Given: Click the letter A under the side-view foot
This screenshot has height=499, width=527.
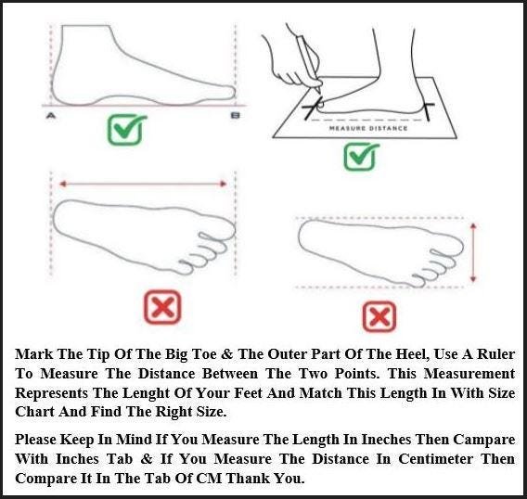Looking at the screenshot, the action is (x=51, y=116).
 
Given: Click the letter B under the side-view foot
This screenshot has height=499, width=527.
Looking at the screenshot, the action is (x=236, y=116).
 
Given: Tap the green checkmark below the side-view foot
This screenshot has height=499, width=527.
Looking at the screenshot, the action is (x=125, y=129).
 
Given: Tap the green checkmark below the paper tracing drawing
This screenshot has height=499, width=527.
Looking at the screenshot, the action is (x=361, y=156).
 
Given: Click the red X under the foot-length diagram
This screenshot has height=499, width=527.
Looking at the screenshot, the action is (x=162, y=307).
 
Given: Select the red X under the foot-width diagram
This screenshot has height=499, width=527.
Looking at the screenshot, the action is (x=379, y=316).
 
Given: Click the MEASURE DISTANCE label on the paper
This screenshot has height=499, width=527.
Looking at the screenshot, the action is (x=368, y=128).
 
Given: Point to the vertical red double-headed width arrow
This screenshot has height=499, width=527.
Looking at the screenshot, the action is (x=473, y=252).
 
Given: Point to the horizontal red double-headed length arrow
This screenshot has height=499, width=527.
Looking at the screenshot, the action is (x=143, y=184).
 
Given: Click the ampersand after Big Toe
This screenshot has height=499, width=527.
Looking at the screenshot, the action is (x=227, y=354).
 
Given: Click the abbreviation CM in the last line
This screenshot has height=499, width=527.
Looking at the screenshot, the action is (x=209, y=479).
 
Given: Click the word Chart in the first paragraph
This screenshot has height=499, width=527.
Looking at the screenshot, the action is (x=34, y=411).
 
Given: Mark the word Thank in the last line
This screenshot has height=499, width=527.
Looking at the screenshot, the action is (x=248, y=479).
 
